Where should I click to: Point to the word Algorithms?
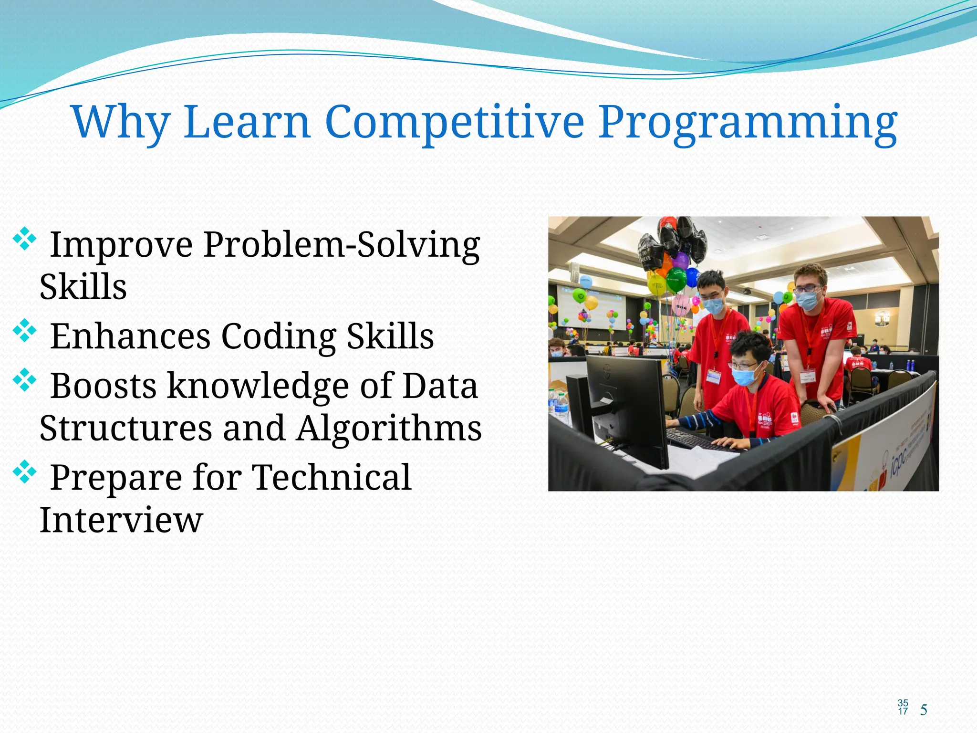point(389,428)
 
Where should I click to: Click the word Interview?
point(121,520)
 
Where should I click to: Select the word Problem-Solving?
point(342,245)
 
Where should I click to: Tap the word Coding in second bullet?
point(279,336)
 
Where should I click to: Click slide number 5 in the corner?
point(924,710)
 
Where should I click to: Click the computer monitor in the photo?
point(625,401)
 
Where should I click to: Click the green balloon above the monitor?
point(676,279)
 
